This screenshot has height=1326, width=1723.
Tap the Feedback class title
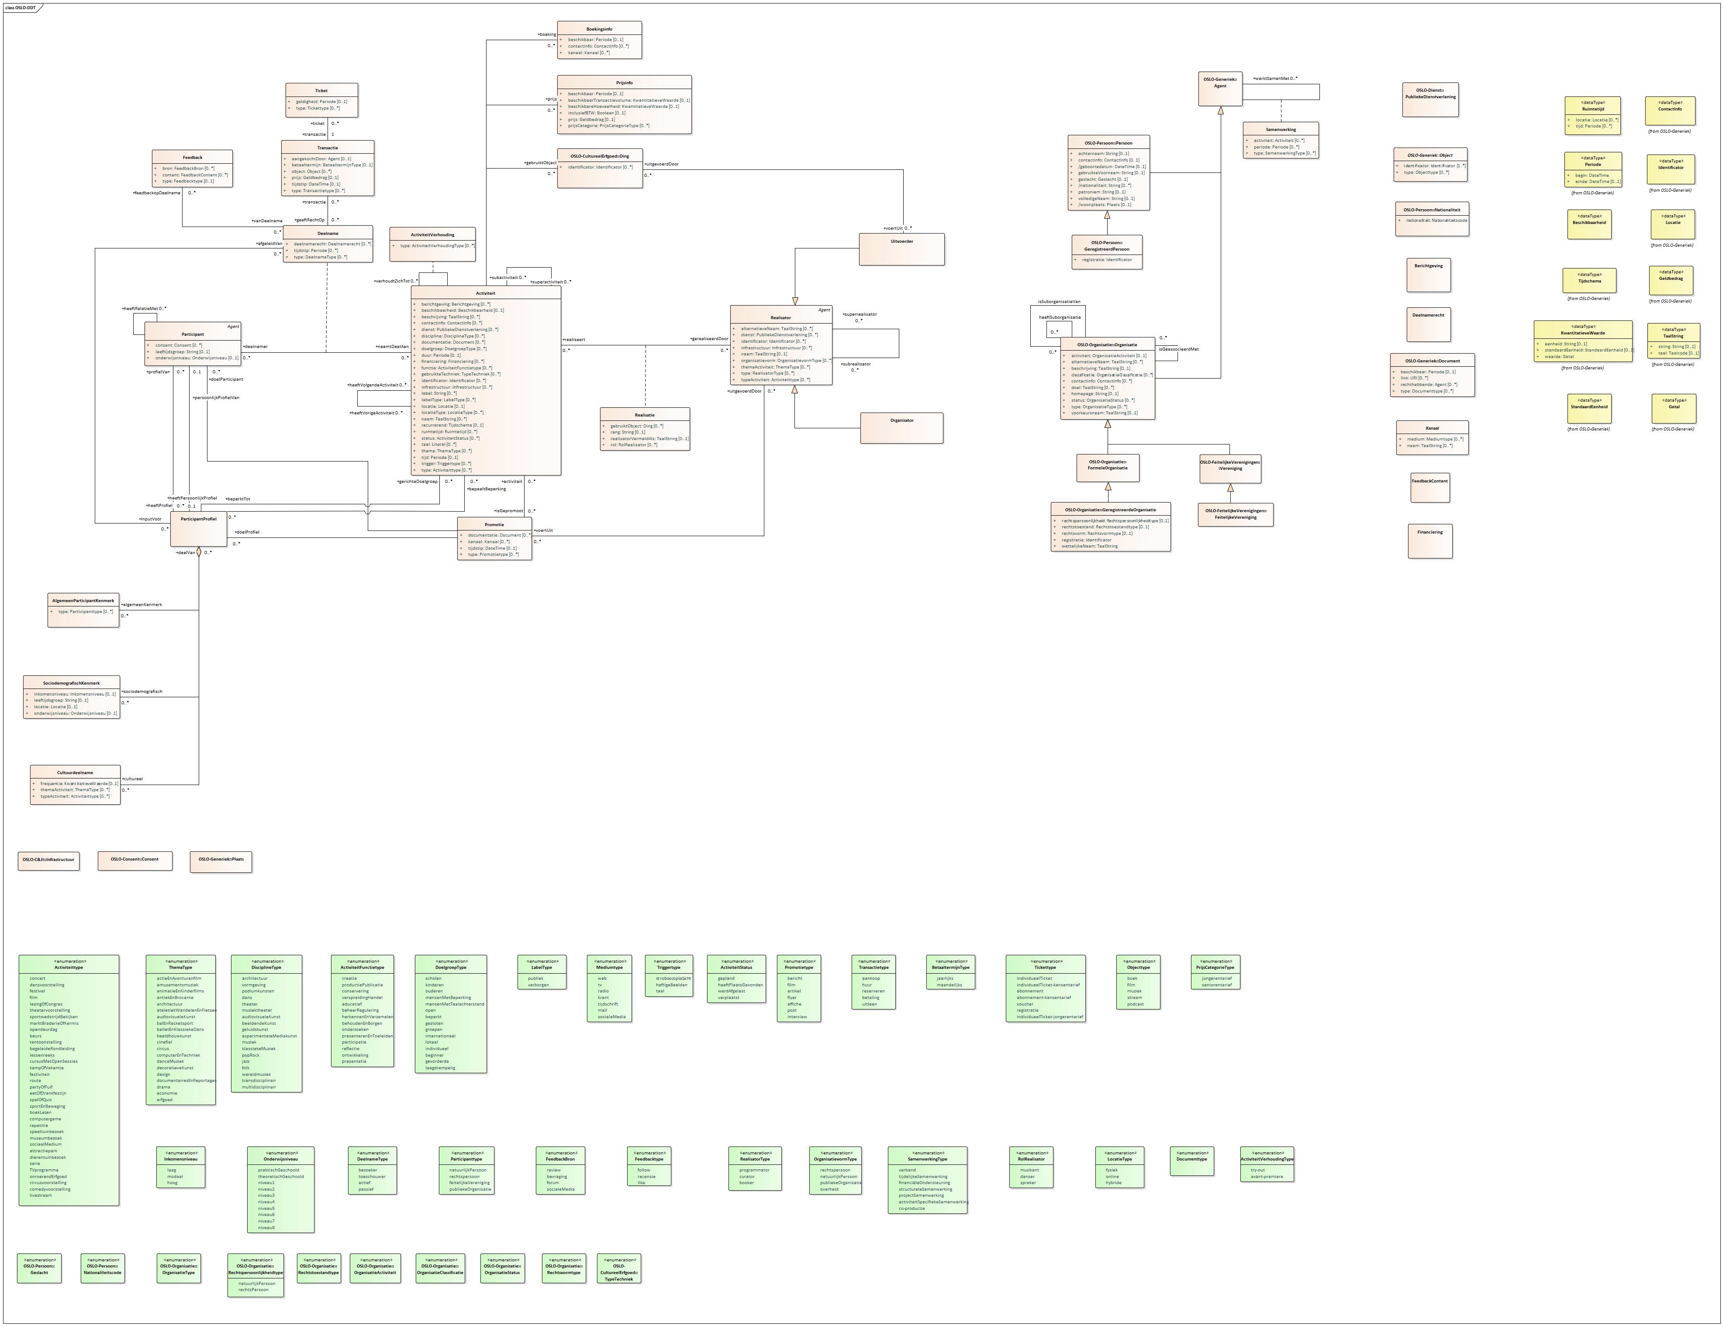point(193,158)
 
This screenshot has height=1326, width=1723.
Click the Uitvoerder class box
point(901,249)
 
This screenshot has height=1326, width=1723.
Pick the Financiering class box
point(1430,541)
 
